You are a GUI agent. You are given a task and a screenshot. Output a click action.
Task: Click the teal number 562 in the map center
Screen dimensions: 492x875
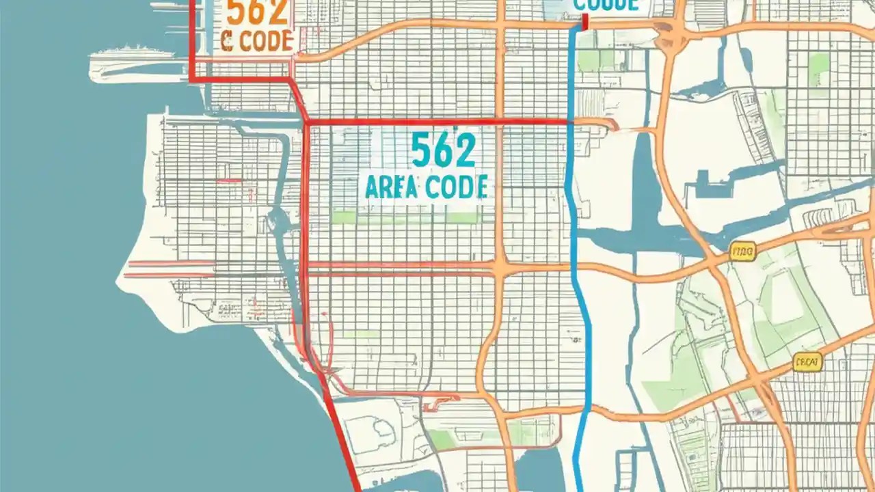(x=443, y=151)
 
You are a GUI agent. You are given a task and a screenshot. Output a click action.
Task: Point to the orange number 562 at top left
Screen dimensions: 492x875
(x=254, y=12)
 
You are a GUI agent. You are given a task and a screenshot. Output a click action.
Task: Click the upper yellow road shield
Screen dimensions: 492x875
(x=742, y=253)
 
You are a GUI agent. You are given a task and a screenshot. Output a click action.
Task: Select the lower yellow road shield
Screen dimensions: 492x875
(x=807, y=362)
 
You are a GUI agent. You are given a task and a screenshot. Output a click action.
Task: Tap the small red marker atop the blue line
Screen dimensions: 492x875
(x=584, y=23)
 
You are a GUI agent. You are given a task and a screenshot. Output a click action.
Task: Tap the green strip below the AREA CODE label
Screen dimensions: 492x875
(x=403, y=217)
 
